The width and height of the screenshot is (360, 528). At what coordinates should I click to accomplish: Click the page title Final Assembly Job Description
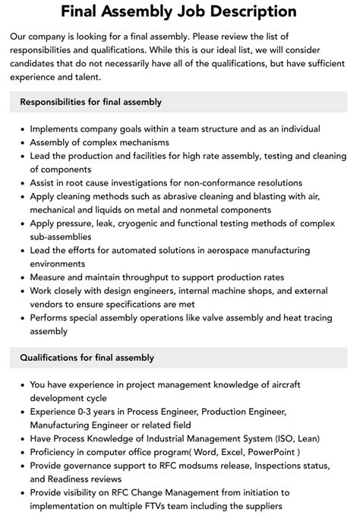pyautogui.click(x=179, y=12)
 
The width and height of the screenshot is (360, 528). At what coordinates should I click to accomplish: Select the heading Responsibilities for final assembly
pyautogui.click(x=91, y=102)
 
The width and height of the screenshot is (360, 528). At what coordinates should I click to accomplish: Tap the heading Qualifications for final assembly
pyautogui.click(x=87, y=357)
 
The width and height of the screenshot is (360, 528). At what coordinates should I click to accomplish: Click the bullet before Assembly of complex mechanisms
pyautogui.click(x=20, y=141)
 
